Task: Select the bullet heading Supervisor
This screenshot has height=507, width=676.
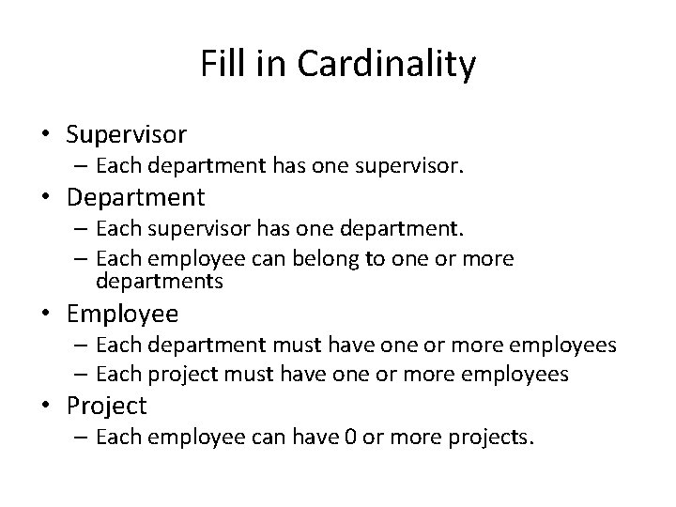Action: [x=127, y=134]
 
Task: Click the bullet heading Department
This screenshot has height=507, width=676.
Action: [x=134, y=197]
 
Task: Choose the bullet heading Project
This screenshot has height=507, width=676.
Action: [x=107, y=406]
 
